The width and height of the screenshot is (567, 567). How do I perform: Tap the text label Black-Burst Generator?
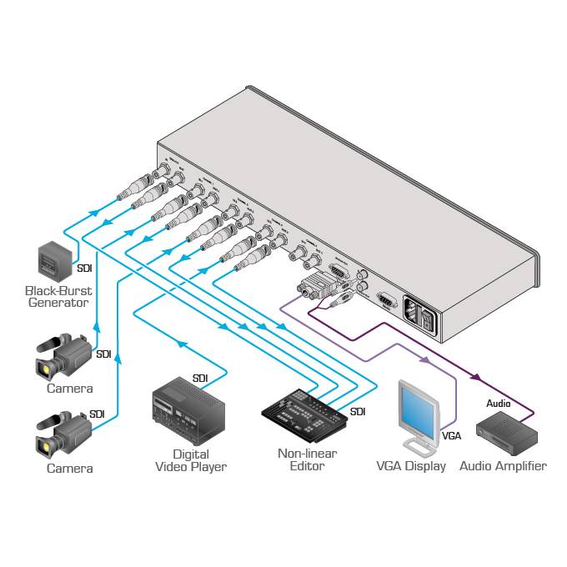pyautogui.click(x=58, y=297)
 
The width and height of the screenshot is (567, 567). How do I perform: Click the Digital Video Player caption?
pyautogui.click(x=190, y=460)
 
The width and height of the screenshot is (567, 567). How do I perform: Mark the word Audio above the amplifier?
pyautogui.click(x=499, y=404)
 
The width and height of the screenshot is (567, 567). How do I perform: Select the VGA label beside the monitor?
pyautogui.click(x=451, y=435)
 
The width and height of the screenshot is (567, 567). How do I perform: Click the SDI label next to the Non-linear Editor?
pyautogui.click(x=358, y=412)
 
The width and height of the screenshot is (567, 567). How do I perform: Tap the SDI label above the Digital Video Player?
pyautogui.click(x=200, y=379)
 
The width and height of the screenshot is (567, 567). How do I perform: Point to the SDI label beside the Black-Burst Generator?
pyautogui.click(x=84, y=268)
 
